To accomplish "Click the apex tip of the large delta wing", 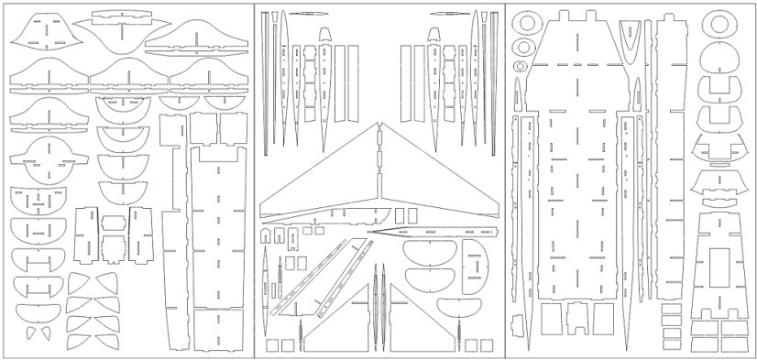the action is point(378,125).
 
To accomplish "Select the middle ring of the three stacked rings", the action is point(522,47).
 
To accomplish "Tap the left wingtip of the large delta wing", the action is point(263,214).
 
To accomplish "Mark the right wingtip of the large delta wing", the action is point(496,209).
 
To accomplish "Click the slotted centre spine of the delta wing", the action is point(378,174).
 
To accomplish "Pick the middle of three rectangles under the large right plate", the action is point(578,318).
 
